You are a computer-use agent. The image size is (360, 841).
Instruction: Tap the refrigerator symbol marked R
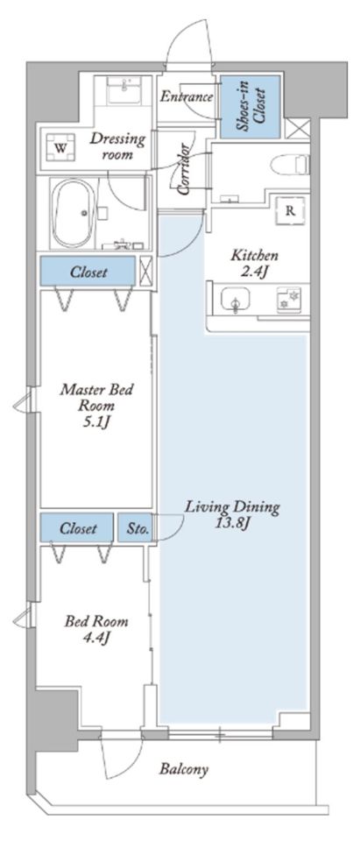290,210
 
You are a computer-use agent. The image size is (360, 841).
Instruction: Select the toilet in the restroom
291,164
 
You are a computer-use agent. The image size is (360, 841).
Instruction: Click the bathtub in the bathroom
74,213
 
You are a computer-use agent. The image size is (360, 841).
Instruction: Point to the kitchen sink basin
234,300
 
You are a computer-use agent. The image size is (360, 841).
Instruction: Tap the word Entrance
187,97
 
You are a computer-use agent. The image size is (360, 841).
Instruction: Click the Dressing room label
117,147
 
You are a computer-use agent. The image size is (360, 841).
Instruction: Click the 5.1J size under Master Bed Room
97,423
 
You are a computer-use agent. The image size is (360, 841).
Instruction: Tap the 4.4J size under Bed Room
97,638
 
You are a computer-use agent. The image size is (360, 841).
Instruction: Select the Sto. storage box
135,527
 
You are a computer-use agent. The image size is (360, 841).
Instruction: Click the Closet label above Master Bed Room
88,272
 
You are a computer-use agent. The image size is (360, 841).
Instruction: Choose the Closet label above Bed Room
78,528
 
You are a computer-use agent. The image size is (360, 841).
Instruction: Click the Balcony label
183,770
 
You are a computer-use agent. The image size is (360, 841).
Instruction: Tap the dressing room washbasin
124,89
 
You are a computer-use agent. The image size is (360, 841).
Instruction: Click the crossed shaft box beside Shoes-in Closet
297,130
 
